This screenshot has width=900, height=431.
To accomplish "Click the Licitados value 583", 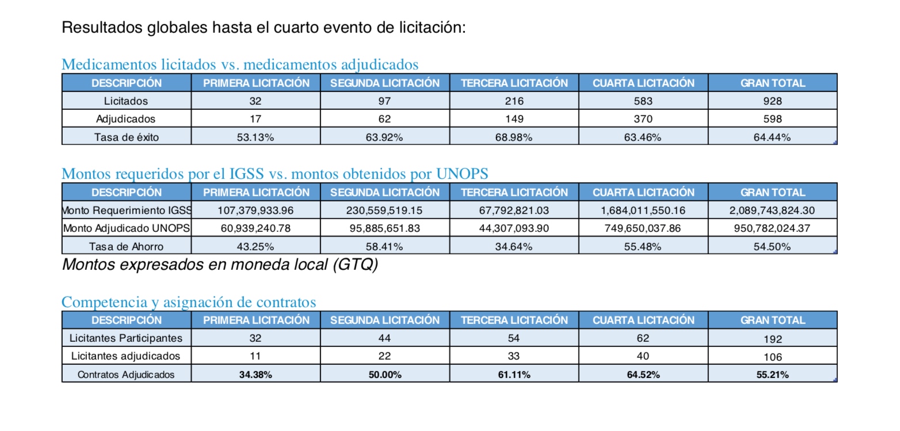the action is (643, 101).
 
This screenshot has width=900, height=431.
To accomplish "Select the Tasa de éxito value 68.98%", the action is (513, 138).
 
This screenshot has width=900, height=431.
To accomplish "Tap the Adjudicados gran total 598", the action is (772, 119).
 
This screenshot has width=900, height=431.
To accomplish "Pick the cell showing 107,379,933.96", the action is (255, 211).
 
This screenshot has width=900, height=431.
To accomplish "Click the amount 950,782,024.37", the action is (772, 228).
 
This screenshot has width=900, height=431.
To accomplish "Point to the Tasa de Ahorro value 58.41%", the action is (384, 247).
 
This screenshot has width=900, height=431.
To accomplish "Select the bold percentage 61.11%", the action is (514, 375).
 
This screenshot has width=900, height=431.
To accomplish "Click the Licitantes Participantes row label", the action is (126, 338).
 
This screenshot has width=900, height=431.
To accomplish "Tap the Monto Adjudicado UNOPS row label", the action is (126, 228).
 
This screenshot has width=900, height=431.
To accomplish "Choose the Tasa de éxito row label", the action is (126, 138).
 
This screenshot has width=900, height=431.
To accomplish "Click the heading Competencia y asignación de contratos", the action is (188, 302).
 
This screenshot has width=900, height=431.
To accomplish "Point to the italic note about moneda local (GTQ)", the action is (220, 265).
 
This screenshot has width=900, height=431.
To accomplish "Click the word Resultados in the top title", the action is (102, 27).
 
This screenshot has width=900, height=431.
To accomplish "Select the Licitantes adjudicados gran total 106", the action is (772, 357).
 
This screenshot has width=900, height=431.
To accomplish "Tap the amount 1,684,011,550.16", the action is (643, 211).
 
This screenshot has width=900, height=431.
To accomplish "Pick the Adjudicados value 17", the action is (255, 119).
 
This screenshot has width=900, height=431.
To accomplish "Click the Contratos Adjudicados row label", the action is (126, 375).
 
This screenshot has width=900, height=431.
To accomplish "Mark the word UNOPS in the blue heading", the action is (462, 174).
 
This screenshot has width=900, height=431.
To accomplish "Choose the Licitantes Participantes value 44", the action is (384, 338).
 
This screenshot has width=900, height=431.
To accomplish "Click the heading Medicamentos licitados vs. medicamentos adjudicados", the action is (240, 64).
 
